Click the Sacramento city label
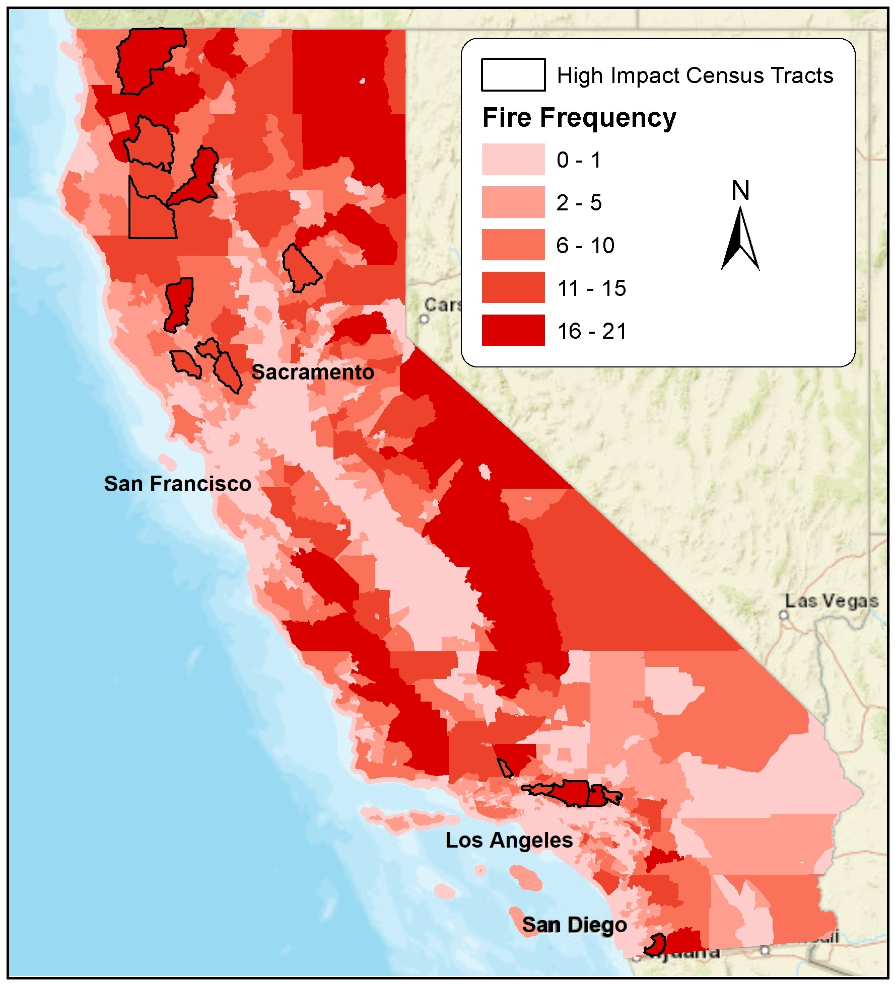pos(313,372)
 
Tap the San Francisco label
pos(177,484)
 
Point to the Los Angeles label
pos(509,840)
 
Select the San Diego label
pos(574,925)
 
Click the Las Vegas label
pos(831,601)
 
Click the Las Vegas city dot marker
pos(783,615)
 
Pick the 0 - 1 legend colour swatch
pos(513,160)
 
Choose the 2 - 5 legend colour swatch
pos(513,202)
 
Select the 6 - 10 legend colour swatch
pos(513,245)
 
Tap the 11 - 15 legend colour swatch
pos(513,288)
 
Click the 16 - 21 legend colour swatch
pos(513,331)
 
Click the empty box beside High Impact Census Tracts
pos(513,75)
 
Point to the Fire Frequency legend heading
pos(579,118)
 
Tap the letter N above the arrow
pos(740,191)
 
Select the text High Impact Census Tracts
pos(695,75)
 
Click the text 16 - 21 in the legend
pos(591,331)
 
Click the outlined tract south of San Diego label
pos(655,945)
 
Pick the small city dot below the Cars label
pos(424,319)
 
